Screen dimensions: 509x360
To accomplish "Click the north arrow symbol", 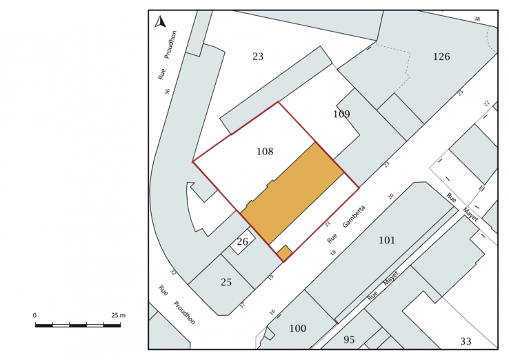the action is pos(160,22).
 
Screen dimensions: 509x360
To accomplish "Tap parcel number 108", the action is pos(265,151).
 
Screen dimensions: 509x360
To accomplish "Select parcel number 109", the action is pos(341,114).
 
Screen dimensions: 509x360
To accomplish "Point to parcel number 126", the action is pos(441,57).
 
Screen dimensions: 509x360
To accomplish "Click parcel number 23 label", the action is pos(258,57).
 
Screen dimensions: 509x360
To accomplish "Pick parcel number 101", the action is pos(387,240).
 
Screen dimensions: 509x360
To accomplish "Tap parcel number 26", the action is pos(243,242).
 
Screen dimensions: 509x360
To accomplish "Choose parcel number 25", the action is pos(226,282).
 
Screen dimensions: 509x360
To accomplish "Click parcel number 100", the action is pos(298,328).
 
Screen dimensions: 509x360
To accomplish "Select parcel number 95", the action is pos(349,340).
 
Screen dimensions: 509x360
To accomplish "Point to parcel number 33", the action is pos(466,341).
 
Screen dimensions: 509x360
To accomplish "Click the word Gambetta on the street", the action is pos(354,216).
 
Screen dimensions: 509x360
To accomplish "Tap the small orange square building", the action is pos(285,253).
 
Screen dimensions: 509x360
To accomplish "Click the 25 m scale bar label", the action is pos(119,315).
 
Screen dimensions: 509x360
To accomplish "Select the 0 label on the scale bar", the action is pos(34,315).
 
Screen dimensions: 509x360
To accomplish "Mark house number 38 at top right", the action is pos(477,19).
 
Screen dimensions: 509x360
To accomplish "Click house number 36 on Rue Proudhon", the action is pos(168,92).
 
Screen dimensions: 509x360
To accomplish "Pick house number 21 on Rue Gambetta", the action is pos(328,223).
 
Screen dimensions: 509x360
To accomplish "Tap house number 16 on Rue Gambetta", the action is pos(272,312).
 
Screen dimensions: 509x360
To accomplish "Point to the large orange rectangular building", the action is pos(292,193).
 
